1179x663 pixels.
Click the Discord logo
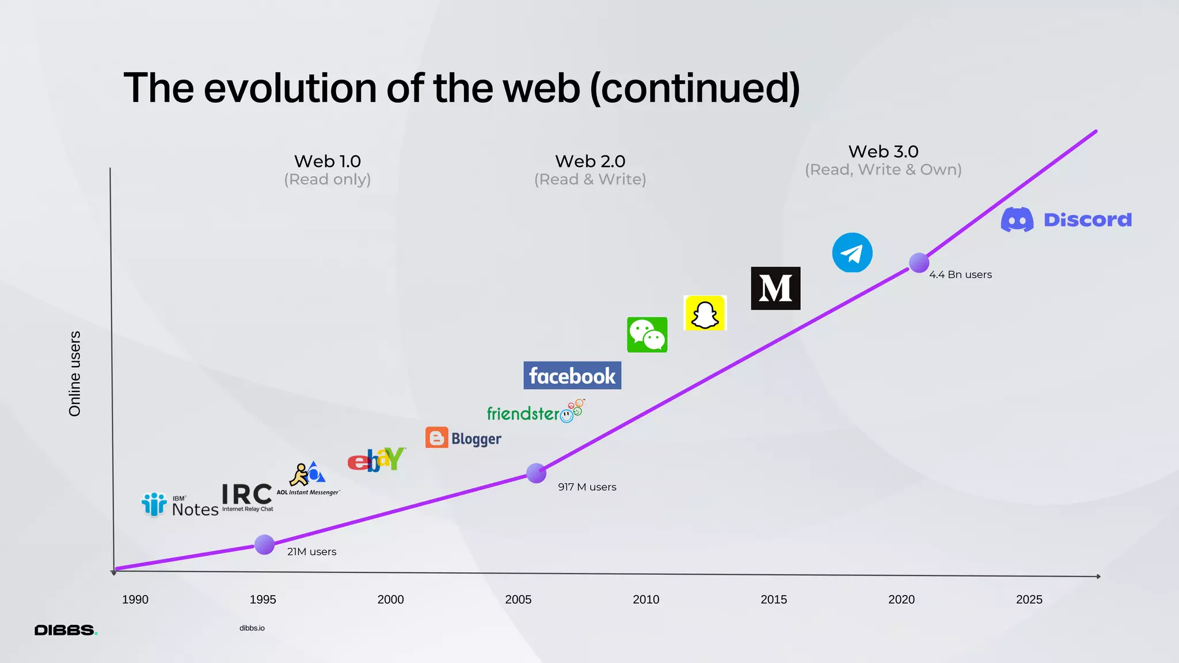(1066, 220)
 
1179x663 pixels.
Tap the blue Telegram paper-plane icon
(852, 253)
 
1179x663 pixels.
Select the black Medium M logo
(775, 288)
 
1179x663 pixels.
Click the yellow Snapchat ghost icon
(705, 313)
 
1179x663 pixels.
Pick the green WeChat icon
(647, 334)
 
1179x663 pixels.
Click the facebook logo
(572, 375)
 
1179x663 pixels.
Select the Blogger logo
(463, 438)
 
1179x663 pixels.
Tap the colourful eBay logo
(376, 459)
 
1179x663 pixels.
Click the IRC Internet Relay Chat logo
(248, 497)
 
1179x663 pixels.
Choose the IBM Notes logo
(180, 505)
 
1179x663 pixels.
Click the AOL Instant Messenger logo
(309, 478)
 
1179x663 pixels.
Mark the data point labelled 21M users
(264, 544)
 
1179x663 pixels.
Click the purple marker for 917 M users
(536, 473)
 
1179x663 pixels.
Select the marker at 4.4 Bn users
(919, 262)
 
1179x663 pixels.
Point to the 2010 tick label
(646, 599)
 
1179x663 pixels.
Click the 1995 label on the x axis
(263, 599)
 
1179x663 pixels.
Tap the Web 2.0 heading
(590, 161)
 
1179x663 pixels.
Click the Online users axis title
(75, 374)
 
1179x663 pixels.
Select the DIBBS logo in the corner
(66, 630)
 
